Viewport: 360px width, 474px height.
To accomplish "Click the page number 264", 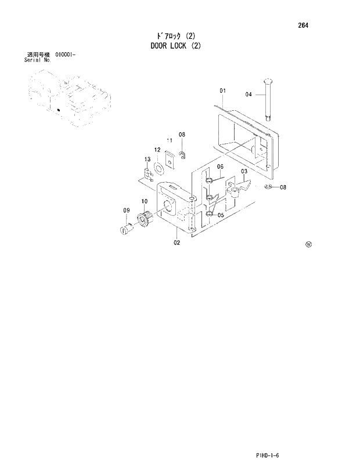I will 304,26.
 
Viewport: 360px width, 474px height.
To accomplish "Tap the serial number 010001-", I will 66,55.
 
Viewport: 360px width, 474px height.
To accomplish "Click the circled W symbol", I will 308,244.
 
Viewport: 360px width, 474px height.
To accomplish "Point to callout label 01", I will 222,91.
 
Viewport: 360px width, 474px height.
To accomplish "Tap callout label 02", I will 177,243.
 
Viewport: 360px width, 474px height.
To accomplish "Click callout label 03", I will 244,171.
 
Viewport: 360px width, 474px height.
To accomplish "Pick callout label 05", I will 221,215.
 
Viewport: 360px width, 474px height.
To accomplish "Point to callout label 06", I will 221,167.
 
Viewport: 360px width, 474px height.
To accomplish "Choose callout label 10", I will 144,202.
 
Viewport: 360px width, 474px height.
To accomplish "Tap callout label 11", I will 170,141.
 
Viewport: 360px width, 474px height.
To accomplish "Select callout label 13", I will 147,159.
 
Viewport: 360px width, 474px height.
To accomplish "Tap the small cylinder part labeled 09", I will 124,230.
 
